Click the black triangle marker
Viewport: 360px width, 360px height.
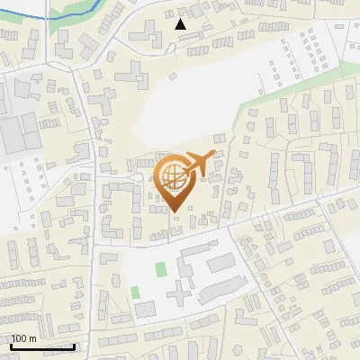[181, 24]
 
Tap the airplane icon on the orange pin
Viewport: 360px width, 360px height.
[198, 163]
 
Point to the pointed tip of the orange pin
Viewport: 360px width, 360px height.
[174, 211]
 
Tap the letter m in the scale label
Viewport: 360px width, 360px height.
[33, 338]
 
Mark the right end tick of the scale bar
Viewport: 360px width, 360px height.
[74, 345]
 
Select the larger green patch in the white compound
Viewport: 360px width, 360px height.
[161, 269]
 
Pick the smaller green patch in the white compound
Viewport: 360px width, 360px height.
[136, 292]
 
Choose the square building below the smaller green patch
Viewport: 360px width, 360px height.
[145, 310]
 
